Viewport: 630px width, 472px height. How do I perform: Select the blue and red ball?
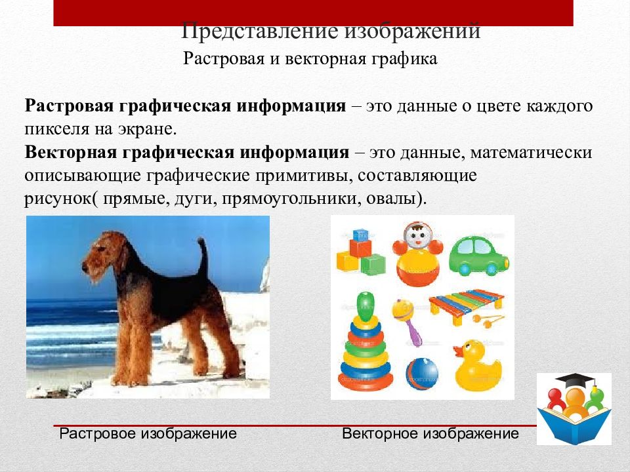click(421, 373)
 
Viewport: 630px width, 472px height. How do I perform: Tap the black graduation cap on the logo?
click(575, 381)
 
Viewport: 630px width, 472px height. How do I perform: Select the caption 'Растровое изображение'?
click(148, 434)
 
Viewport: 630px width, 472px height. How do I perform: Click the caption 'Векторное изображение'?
click(430, 434)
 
